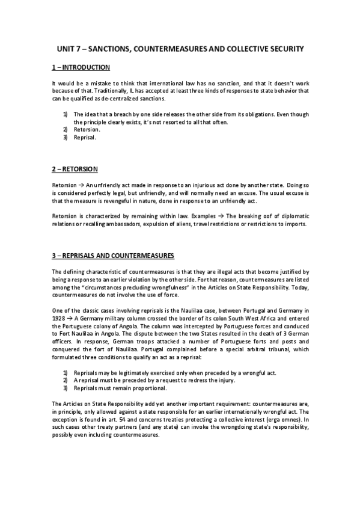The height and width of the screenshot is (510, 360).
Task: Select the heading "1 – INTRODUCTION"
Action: pyautogui.click(x=81, y=67)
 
